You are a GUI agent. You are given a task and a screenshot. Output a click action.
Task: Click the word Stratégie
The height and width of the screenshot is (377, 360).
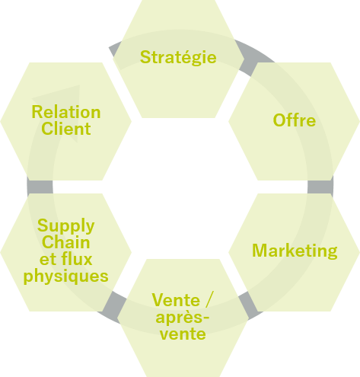[x=178, y=57]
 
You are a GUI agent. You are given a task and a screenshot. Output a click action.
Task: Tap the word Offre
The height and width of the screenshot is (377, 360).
[x=295, y=120]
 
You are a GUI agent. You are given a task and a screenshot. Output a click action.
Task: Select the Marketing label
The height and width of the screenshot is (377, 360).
[x=295, y=251]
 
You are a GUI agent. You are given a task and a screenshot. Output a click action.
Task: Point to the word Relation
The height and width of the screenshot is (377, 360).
[x=66, y=112]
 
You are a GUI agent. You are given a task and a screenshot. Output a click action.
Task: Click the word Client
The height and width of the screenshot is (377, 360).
[x=66, y=129]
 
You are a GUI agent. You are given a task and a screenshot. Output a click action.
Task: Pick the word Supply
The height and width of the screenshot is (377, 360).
[x=65, y=226]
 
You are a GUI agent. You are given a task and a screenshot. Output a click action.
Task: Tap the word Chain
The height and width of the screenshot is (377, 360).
[x=66, y=242]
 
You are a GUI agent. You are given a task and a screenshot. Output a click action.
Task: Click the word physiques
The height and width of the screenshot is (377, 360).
[x=66, y=276]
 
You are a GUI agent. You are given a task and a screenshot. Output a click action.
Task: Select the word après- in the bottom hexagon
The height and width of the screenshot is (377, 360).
[x=183, y=318]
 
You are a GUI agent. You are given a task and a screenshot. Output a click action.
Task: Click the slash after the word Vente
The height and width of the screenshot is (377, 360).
[x=209, y=300]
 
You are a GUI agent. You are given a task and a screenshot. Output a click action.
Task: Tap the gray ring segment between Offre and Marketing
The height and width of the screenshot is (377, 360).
[x=320, y=187]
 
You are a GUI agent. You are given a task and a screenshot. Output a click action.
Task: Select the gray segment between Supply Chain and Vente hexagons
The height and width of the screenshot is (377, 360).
[x=112, y=307]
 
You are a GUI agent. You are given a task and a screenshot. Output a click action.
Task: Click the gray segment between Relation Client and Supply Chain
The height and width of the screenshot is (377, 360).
[x=40, y=187]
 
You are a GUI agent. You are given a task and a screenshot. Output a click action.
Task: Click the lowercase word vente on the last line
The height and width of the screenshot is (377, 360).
[x=183, y=334]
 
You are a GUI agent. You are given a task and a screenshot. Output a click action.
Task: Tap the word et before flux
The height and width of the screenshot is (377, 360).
[x=48, y=260]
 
